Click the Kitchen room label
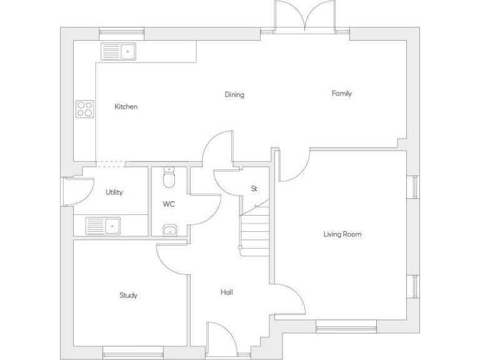(126, 107)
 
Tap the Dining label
(234, 95)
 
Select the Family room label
(341, 94)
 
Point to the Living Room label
(342, 234)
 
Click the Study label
(128, 295)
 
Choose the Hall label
(227, 292)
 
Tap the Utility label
(114, 192)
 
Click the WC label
(169, 204)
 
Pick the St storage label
(254, 188)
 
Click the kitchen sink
(119, 51)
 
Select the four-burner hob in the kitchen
(84, 109)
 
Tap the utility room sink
(103, 225)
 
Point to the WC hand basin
(169, 231)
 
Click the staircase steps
(254, 228)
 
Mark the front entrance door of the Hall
(221, 341)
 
